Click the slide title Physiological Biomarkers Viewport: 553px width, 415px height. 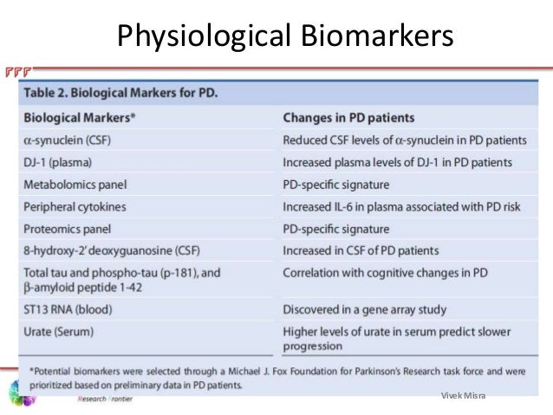pyautogui.click(x=285, y=36)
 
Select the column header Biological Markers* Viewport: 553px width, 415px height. pyautogui.click(x=84, y=118)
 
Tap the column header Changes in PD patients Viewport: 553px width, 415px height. pyautogui.click(x=348, y=118)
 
